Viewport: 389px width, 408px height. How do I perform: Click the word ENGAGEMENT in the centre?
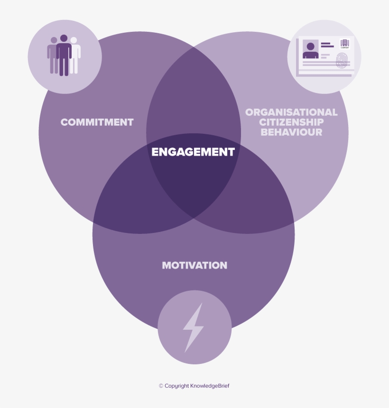pyautogui.click(x=193, y=152)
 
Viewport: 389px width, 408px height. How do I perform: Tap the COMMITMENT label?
pyautogui.click(x=97, y=122)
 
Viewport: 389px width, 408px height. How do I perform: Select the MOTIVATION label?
pyautogui.click(x=194, y=265)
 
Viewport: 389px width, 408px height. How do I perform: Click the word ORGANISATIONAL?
pyautogui.click(x=291, y=112)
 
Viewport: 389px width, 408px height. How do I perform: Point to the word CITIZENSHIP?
pyautogui.click(x=291, y=122)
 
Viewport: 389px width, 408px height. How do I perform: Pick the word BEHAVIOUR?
pyautogui.click(x=291, y=132)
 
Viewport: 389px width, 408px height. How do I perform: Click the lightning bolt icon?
pyautogui.click(x=194, y=327)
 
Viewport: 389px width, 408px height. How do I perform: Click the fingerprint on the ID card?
pyautogui.click(x=342, y=61)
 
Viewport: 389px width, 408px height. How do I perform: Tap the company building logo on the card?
pyautogui.click(x=344, y=44)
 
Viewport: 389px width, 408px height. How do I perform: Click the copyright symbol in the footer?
pyautogui.click(x=161, y=386)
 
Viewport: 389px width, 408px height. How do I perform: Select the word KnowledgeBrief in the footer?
pyautogui.click(x=210, y=386)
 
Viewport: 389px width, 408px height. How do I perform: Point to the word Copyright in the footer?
pyautogui.click(x=176, y=386)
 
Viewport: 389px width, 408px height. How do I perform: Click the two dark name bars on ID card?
pyautogui.click(x=327, y=45)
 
